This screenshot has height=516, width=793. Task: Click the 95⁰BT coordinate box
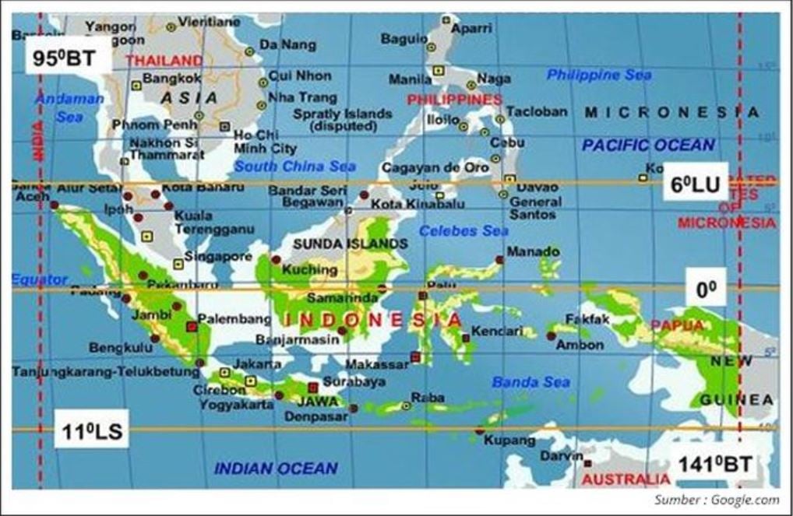65,58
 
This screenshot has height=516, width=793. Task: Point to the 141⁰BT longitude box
715,464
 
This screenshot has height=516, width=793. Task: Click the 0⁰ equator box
706,289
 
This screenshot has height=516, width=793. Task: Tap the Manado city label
533,251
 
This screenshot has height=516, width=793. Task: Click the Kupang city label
509,440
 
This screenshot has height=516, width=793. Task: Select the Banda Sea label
530,382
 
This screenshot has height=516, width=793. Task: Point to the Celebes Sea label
463,230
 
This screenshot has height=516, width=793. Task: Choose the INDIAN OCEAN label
276,468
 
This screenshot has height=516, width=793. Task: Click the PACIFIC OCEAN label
648,145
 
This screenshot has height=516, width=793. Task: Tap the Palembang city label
234,319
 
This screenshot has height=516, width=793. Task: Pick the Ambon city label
580,344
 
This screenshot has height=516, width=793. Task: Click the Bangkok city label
172,78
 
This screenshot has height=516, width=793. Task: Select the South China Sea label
295,166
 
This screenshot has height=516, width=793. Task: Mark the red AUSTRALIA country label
626,479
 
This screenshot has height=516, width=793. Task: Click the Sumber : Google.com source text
716,500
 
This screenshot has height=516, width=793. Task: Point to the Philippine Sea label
598,75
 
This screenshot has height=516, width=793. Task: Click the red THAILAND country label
164,60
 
